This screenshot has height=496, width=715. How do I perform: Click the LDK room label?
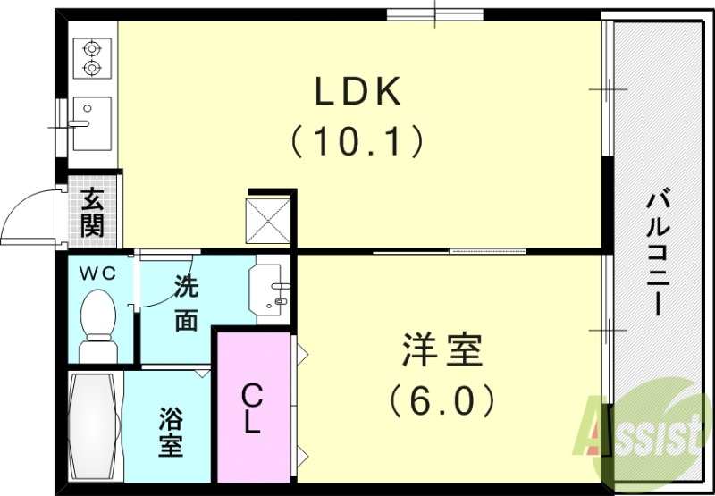tap(357, 92)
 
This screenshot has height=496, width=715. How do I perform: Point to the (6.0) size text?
tap(443, 400)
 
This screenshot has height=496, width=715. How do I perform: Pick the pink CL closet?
tap(253, 408)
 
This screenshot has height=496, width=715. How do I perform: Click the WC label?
tap(98, 274)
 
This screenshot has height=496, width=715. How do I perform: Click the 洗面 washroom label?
tap(186, 304)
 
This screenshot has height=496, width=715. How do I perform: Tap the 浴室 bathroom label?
tap(171, 432)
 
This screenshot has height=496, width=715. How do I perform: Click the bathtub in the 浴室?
tap(94, 427)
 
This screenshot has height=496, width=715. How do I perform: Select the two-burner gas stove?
tap(92, 56)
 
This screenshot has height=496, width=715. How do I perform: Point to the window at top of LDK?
tap(435, 13)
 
